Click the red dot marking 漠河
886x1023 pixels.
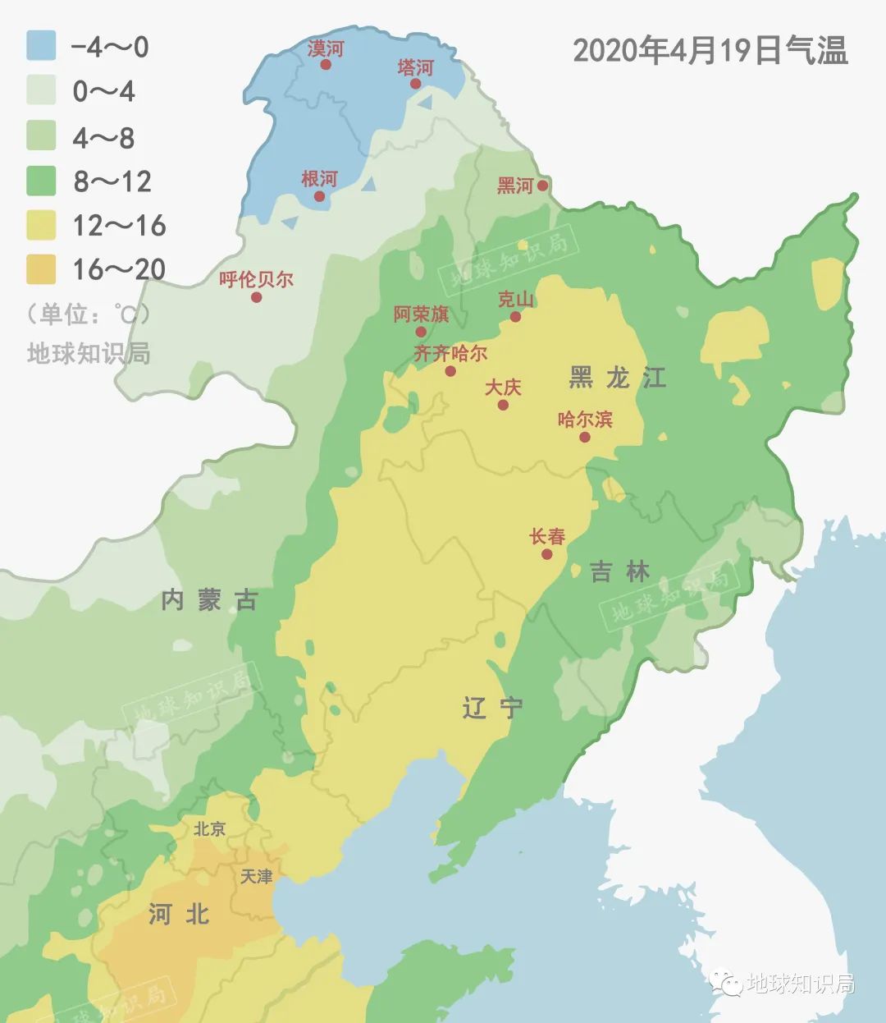coord(326,64)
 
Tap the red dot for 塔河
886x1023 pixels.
coord(415,84)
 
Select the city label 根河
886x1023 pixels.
coord(319,179)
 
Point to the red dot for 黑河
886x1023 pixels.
coord(542,186)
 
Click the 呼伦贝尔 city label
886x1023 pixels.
coord(256,279)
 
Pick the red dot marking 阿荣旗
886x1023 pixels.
coord(421,332)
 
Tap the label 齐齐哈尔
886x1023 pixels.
coord(450,354)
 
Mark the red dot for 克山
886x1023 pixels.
coord(515,317)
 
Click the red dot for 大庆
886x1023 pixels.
coord(503,405)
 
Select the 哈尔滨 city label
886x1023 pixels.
coord(585,420)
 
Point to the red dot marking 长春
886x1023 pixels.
coord(547,554)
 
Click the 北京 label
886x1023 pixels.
coord(209,829)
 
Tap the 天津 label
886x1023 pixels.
coord(256,877)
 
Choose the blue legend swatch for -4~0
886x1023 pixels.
coord(41,46)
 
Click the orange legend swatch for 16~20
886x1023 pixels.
coord(41,269)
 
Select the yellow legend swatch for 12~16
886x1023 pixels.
coord(41,225)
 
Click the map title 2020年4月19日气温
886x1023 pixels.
coord(710,51)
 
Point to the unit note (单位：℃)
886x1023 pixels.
coord(89,314)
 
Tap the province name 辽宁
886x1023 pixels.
coord(492,708)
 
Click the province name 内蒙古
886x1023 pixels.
coord(210,600)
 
